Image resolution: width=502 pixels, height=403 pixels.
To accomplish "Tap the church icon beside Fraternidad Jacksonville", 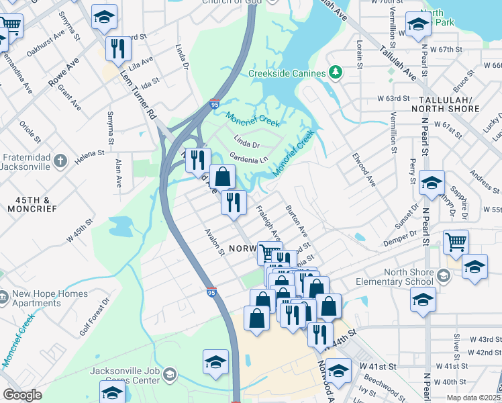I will coord(60,161).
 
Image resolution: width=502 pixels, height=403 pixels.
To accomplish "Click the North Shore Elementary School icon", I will coord(442,276).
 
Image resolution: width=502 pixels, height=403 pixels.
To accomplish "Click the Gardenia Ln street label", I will coord(248,158).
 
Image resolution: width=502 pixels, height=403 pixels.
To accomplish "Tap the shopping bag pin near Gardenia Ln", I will coord(223,177).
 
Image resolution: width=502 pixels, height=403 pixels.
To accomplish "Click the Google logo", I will coord(22,395).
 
